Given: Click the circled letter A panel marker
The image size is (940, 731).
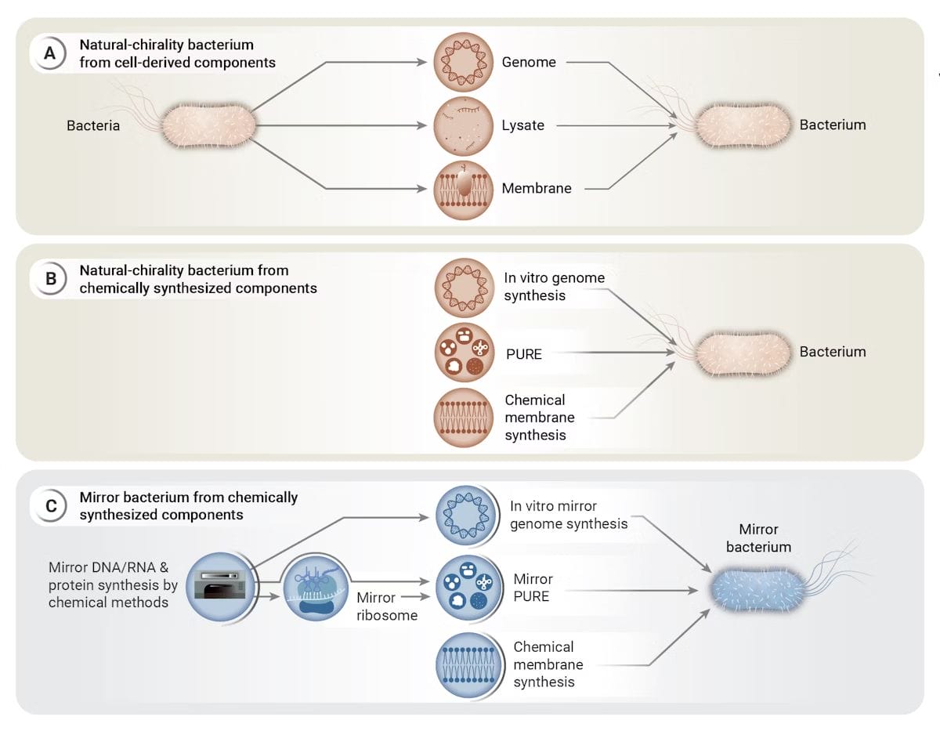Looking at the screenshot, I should click(50, 53).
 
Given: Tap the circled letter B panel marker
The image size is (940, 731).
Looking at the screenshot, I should click(50, 280).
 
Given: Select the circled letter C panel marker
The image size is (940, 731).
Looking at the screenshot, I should click(50, 506).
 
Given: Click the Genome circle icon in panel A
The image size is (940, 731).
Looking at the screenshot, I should click(464, 61).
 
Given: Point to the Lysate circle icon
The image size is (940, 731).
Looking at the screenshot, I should click(464, 125).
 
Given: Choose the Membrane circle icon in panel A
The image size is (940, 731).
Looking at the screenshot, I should click(464, 189).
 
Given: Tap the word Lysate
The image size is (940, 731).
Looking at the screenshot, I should click(522, 125).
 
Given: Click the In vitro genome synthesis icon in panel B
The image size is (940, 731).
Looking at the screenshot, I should click(464, 288).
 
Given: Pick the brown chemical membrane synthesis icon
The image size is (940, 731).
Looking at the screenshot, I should click(464, 418).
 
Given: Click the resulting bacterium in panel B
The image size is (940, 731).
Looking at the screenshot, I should click(740, 353).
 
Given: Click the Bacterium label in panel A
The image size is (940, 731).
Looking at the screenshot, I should click(832, 125).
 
